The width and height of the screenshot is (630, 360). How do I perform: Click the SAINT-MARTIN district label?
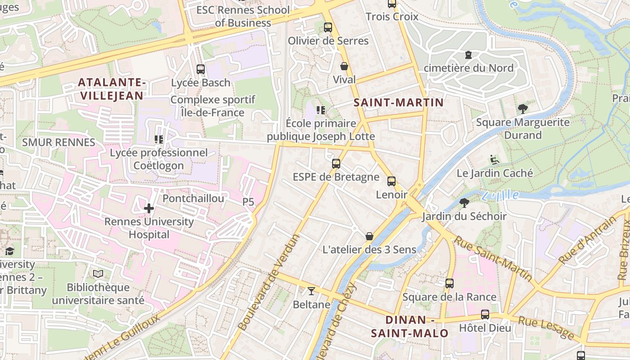[x=399, y=103]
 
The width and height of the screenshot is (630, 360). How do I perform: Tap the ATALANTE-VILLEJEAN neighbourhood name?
[x=111, y=89]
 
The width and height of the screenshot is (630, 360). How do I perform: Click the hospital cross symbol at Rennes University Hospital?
[x=149, y=208]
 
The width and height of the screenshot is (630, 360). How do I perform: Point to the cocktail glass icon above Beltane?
[x=311, y=291]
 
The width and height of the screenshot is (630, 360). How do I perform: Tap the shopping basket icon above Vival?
[x=344, y=67]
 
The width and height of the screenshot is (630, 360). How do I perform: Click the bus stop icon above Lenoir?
[x=391, y=181]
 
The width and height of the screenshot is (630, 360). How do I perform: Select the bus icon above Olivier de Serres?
[x=328, y=27]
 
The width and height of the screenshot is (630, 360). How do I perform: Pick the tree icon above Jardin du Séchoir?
[x=464, y=203]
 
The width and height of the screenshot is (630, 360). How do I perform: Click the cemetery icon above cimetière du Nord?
[x=468, y=55]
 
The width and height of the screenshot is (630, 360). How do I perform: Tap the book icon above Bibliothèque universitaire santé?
[x=98, y=274]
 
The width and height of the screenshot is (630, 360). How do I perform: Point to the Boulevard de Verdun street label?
[x=268, y=283]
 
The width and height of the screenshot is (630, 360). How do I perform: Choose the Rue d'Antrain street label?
[x=587, y=240]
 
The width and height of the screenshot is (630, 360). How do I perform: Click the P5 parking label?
[x=248, y=202]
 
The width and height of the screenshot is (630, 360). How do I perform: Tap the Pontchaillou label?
[x=193, y=198]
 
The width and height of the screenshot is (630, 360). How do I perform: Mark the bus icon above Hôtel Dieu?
[x=485, y=315]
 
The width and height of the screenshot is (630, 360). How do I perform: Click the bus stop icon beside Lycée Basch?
[x=201, y=69]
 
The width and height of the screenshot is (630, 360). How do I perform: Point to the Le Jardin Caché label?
[x=495, y=173]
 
